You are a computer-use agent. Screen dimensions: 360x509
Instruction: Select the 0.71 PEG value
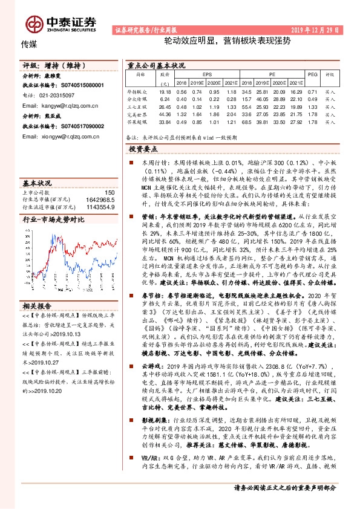click(x=312, y=91)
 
